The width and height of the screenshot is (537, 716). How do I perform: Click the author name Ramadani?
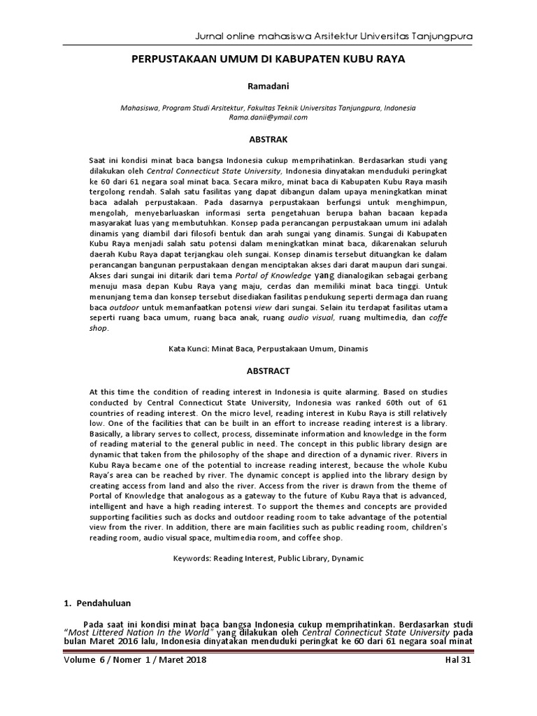pyautogui.click(x=268, y=87)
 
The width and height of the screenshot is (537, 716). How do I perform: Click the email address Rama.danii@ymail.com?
pyautogui.click(x=268, y=117)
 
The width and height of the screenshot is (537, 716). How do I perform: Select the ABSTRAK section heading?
pyautogui.click(x=268, y=138)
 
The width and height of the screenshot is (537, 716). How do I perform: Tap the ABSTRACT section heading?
pyautogui.click(x=268, y=371)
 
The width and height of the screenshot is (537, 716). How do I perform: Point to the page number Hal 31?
pyautogui.click(x=458, y=661)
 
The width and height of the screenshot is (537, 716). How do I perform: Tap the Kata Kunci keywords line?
pyautogui.click(x=268, y=348)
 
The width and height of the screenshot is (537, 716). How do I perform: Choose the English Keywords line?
pyautogui.click(x=268, y=559)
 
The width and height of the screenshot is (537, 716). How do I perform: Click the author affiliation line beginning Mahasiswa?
pyautogui.click(x=268, y=108)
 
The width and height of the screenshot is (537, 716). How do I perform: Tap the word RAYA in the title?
pyautogui.click(x=390, y=60)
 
